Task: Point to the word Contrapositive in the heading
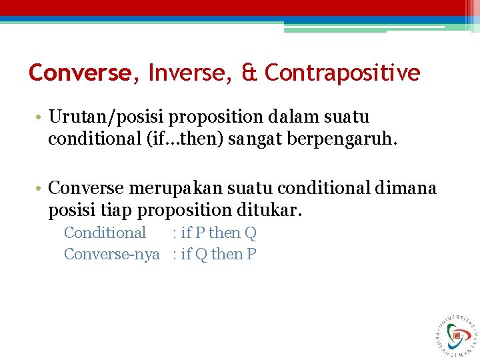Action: pyautogui.click(x=343, y=73)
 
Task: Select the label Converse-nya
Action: pyautogui.click(x=112, y=254)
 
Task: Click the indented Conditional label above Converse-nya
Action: pyautogui.click(x=105, y=233)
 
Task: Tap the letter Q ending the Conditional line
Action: pyautogui.click(x=251, y=233)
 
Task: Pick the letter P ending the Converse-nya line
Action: pyautogui.click(x=251, y=254)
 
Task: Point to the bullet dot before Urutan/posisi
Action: pyautogui.click(x=41, y=118)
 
